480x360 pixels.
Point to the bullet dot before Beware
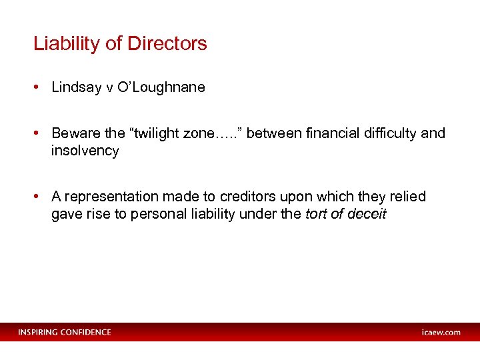pos(38,133)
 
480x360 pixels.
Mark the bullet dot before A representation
pos(38,197)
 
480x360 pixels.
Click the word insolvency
pos(85,151)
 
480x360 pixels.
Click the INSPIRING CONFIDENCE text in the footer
pos(65,332)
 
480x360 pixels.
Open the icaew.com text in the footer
pos(441,332)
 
